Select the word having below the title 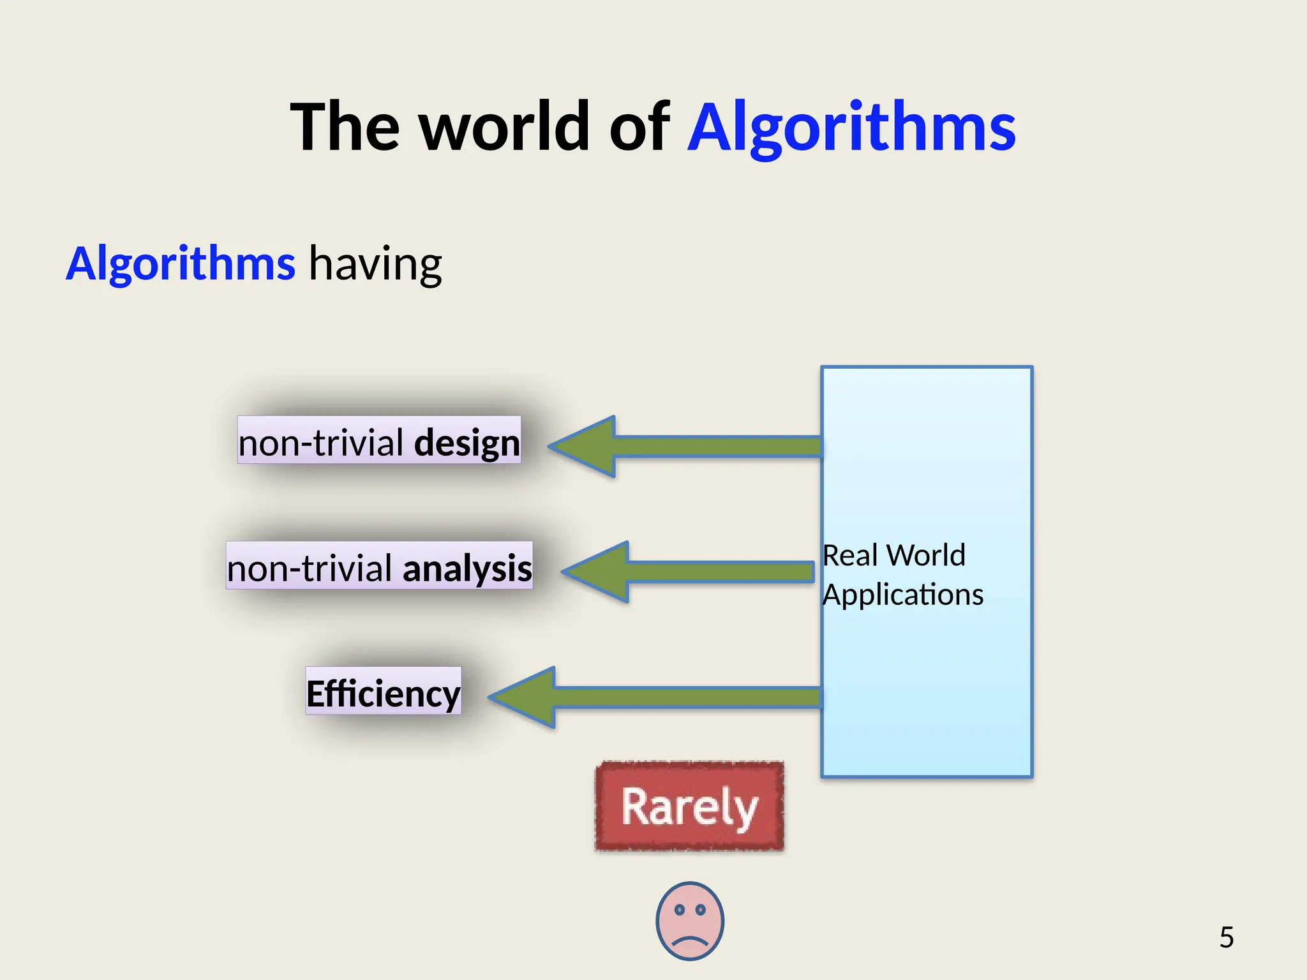[375, 264]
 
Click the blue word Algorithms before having [181, 264]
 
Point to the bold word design [467, 442]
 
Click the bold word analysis [467, 568]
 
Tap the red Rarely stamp [689, 806]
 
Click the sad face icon [690, 921]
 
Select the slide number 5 [1226, 937]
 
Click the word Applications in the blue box [902, 595]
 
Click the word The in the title [345, 128]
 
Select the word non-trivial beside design [321, 442]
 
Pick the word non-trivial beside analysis [310, 568]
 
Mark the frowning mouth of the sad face [690, 940]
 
